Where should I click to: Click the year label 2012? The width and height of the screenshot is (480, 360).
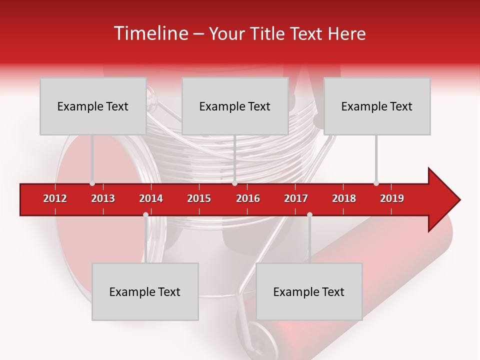(x=55, y=198)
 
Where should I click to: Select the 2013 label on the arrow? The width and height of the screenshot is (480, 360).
(x=103, y=198)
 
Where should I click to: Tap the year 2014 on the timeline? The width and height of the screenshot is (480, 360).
(x=151, y=198)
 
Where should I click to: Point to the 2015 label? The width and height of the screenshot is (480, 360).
(x=199, y=198)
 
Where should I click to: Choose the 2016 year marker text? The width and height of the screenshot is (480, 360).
(x=248, y=198)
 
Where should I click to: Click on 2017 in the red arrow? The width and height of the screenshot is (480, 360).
(x=296, y=198)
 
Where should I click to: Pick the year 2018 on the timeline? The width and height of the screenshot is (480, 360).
(x=344, y=198)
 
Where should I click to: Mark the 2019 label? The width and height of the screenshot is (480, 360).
(x=392, y=198)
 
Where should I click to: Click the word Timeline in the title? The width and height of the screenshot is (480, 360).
(x=150, y=33)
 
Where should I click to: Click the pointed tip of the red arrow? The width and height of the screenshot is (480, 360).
(x=459, y=200)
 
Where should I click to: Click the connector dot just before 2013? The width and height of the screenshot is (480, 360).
(x=92, y=183)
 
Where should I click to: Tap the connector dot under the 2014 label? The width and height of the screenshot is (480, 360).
(x=145, y=215)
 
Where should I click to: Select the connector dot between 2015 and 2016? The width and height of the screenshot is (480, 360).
(x=234, y=183)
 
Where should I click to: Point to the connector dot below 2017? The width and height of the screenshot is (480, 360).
(x=309, y=215)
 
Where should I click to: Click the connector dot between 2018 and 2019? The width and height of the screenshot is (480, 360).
(x=376, y=183)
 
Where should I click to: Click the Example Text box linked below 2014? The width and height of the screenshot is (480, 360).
(x=145, y=291)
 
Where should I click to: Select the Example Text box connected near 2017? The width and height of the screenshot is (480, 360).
(x=309, y=291)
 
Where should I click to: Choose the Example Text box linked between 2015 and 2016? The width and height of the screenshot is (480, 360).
(x=235, y=106)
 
